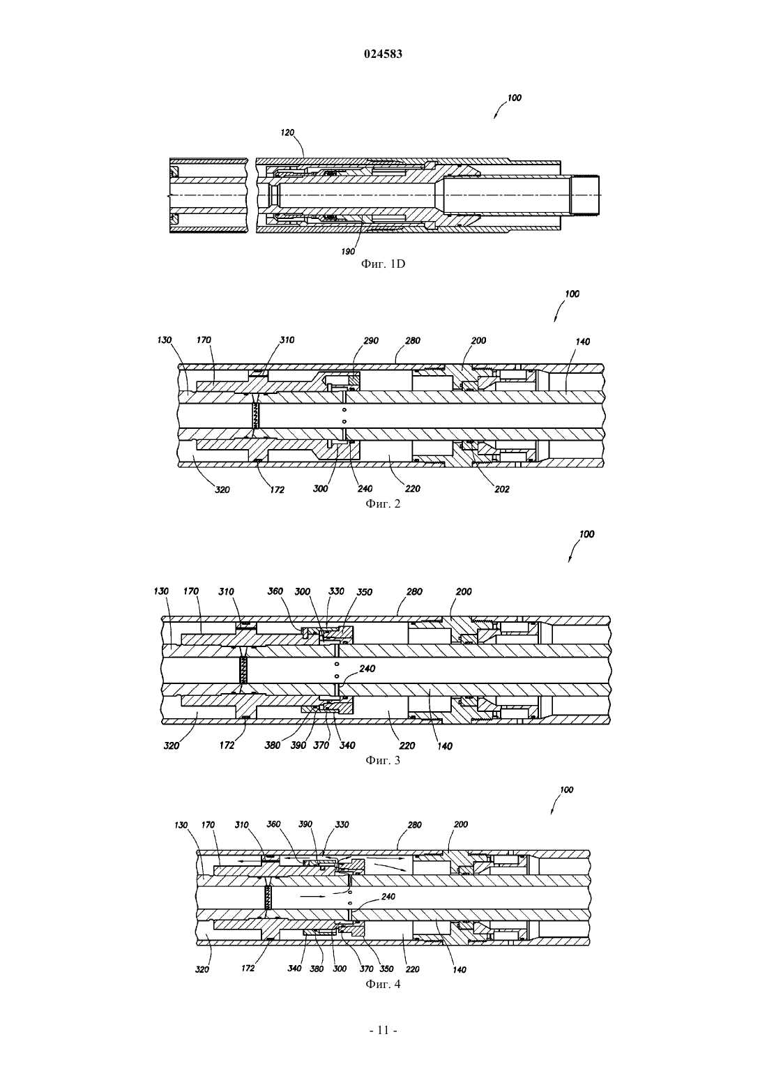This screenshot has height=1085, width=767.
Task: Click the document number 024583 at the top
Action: click(383, 54)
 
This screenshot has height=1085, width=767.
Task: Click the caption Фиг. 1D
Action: click(383, 264)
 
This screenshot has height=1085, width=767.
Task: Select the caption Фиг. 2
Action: click(383, 503)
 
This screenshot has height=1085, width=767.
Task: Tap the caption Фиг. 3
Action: click(383, 760)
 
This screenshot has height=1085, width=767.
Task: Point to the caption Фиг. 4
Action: click(383, 984)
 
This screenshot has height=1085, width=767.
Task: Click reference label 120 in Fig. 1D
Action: click(287, 132)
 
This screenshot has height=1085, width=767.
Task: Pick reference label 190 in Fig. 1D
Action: click(348, 252)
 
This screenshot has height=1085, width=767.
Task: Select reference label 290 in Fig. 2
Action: click(371, 340)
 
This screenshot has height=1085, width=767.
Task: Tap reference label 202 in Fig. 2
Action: click(502, 490)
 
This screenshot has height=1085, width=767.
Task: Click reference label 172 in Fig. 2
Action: click(277, 490)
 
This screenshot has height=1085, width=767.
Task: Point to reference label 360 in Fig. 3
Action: click(275, 591)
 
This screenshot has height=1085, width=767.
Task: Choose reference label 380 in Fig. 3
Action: click(272, 745)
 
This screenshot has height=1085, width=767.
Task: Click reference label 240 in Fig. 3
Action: click(367, 669)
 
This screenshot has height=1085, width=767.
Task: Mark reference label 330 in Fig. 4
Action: click(342, 824)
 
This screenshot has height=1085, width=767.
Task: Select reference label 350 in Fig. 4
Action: click(386, 969)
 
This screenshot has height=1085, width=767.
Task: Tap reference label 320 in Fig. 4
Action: click(202, 969)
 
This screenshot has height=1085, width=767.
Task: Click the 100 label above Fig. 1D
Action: click(515, 98)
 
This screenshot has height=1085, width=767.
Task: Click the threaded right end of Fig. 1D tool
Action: click(585, 195)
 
